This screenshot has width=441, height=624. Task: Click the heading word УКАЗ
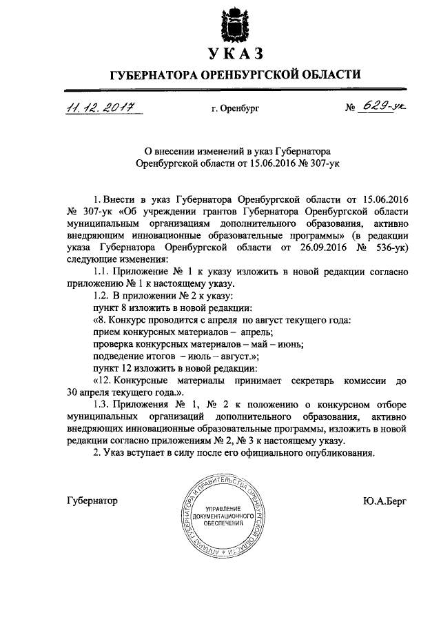point(236,54)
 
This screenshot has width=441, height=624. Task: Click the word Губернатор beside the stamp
point(92,501)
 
